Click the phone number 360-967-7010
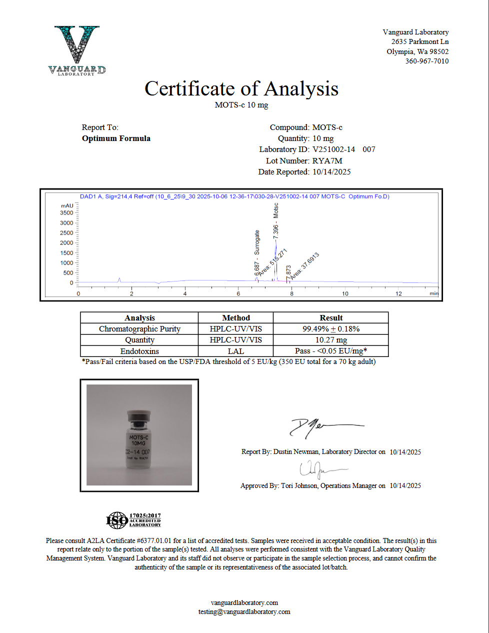tap(426, 61)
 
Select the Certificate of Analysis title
tap(241, 89)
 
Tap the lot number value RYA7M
tap(327, 160)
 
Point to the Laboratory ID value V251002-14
tap(333, 149)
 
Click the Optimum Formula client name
tap(116, 138)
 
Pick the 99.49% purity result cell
tap(330, 329)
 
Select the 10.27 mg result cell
tap(330, 340)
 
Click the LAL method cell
tap(235, 351)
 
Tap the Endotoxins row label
tap(139, 351)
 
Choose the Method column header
tap(235, 318)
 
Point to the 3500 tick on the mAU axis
tap(66, 213)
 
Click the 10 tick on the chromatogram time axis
tap(345, 293)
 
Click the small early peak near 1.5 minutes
tap(119, 279)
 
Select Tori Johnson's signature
tap(320, 469)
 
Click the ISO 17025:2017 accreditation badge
tap(133, 520)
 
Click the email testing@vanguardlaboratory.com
tap(244, 611)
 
